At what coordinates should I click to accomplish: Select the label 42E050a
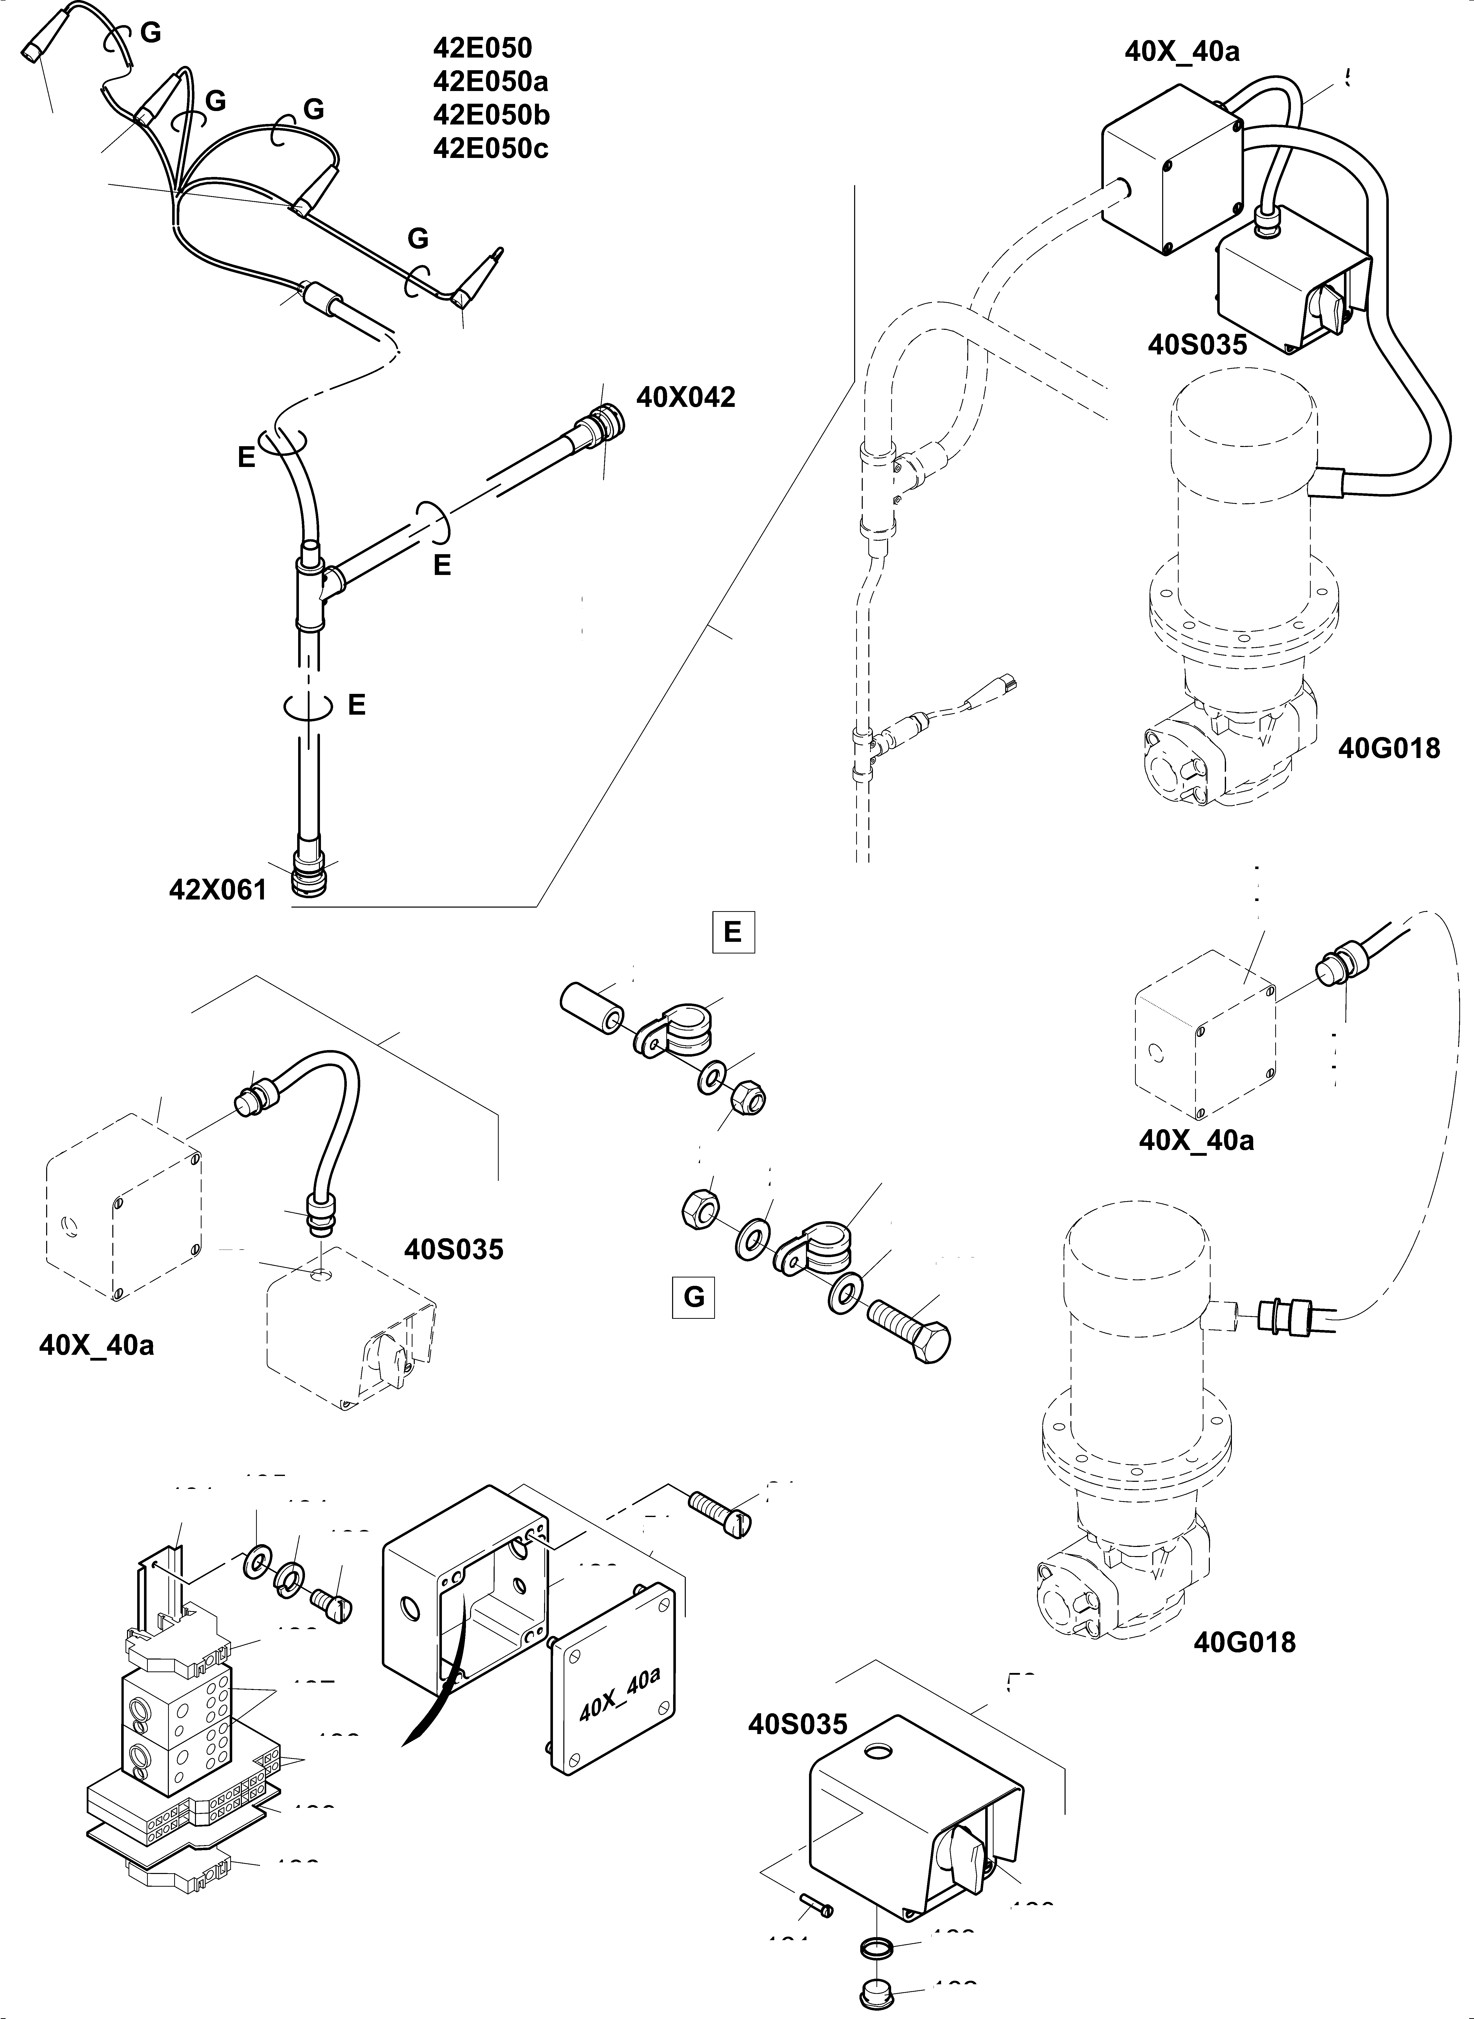tap(491, 81)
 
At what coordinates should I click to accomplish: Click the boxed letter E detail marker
tap(732, 932)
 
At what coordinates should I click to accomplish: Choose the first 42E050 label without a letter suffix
tap(482, 47)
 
